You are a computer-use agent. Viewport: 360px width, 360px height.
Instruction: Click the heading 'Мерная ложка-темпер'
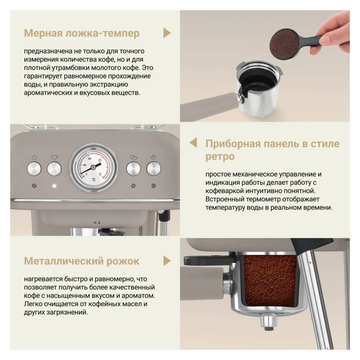tap(82, 33)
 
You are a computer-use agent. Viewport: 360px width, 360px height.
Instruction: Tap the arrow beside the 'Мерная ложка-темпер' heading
tap(167, 33)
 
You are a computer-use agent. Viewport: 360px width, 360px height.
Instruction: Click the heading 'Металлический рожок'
tap(82, 261)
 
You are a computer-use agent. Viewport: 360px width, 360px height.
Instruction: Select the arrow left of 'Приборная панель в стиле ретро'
tap(193, 143)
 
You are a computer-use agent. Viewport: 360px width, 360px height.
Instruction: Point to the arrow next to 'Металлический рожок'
tap(167, 261)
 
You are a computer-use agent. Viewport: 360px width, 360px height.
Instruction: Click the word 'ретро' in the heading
tap(220, 156)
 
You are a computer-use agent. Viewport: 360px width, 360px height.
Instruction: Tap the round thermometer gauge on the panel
tap(94, 168)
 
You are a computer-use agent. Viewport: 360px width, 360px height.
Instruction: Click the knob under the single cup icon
tap(54, 169)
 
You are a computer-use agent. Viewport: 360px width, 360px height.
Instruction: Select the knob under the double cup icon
tap(133, 169)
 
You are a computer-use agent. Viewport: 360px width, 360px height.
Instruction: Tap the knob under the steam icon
tap(153, 169)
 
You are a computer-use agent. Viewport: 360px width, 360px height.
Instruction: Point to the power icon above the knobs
tap(34, 157)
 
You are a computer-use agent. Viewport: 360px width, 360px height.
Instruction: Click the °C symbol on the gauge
tap(93, 180)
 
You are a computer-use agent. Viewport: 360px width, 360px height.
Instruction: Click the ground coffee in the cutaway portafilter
tap(271, 280)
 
